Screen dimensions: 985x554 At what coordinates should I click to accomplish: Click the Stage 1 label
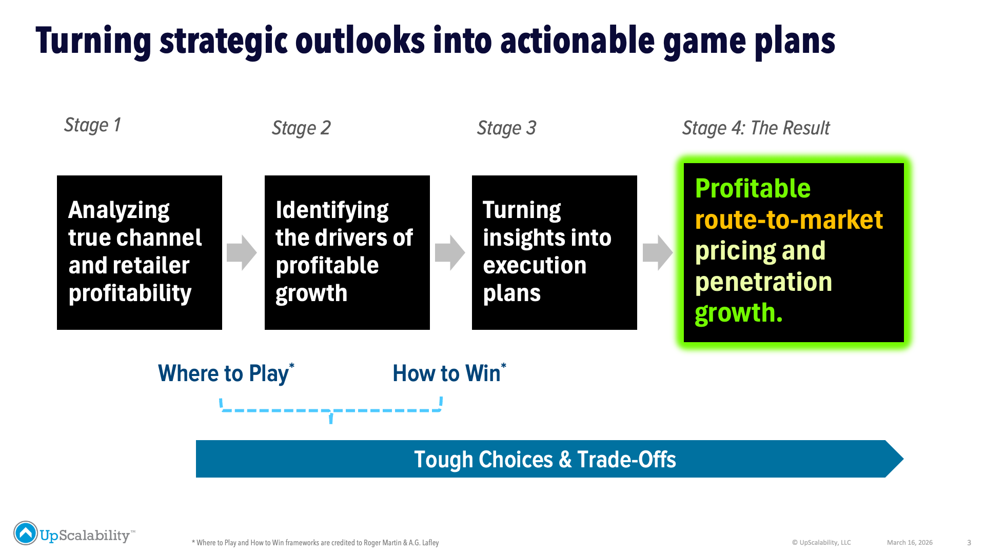(92, 125)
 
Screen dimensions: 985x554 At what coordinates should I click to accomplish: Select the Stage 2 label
(301, 128)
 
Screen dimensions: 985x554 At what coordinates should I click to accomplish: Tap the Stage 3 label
(506, 128)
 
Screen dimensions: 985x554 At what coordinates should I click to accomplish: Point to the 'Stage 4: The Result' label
(756, 128)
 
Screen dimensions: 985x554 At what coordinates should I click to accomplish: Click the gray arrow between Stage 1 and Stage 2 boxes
(242, 252)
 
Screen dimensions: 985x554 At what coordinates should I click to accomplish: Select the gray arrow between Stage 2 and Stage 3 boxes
(450, 252)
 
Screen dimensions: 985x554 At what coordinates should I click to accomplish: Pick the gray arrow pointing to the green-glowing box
(658, 252)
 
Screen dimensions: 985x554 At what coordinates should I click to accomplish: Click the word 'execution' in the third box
(535, 266)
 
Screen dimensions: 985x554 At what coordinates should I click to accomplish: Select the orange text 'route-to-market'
(789, 220)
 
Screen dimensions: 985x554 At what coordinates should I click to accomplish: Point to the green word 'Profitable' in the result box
(753, 189)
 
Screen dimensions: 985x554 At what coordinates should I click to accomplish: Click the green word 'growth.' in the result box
(739, 313)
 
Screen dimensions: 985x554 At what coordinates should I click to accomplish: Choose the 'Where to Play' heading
(226, 373)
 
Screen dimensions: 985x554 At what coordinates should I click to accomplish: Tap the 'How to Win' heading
(449, 373)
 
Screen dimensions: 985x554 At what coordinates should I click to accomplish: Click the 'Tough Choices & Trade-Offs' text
(545, 460)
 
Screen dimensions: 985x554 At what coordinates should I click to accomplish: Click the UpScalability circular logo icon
(26, 533)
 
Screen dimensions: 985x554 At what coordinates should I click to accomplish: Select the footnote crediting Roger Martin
(315, 543)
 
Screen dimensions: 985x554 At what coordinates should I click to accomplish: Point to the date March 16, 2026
(910, 543)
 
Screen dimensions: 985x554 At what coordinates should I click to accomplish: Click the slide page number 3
(969, 543)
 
